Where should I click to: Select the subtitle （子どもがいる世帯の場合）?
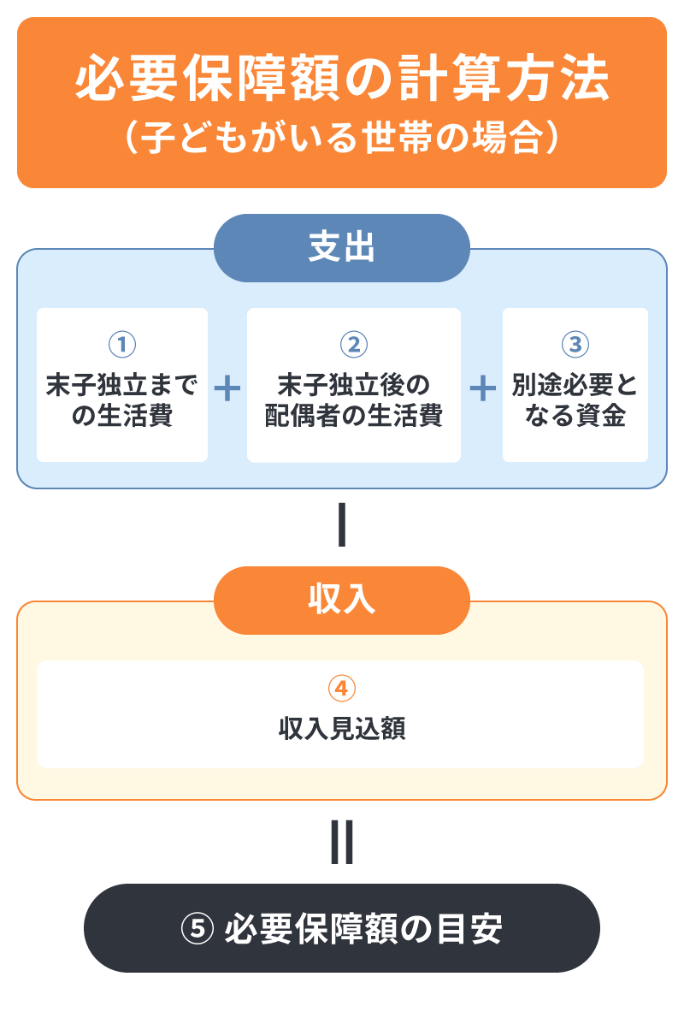(x=342, y=137)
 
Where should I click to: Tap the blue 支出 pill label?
(x=342, y=248)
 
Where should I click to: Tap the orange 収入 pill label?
(x=342, y=600)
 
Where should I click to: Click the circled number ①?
(x=122, y=345)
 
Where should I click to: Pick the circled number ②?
(x=353, y=345)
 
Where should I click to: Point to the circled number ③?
(x=575, y=345)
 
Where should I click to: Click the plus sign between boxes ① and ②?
(x=227, y=389)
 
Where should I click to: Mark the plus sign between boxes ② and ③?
(x=482, y=389)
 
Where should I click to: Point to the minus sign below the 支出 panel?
(x=342, y=526)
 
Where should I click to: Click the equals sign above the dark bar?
(x=342, y=843)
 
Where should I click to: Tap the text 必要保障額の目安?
(x=363, y=928)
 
